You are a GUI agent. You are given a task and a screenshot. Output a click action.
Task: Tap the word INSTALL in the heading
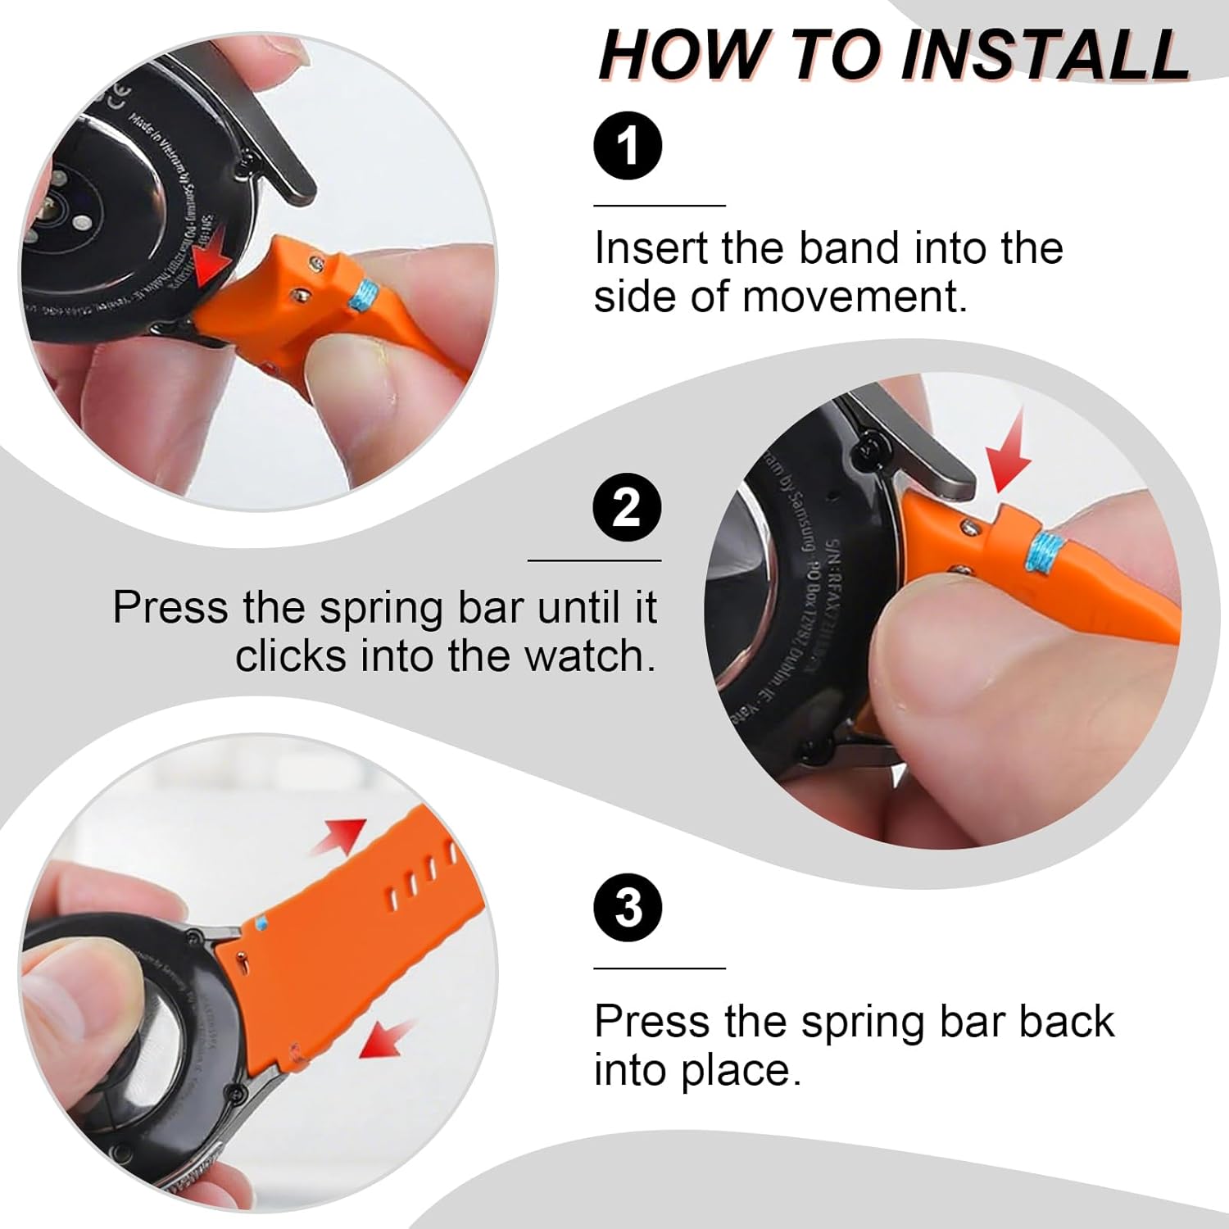pos(1045,56)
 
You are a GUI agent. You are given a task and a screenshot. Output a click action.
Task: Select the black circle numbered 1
pos(628,147)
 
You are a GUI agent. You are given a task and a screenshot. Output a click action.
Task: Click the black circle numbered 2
pos(627,507)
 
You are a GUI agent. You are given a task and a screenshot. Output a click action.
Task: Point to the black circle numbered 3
pos(628,908)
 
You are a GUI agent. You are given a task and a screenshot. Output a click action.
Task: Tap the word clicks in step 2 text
pos(291,656)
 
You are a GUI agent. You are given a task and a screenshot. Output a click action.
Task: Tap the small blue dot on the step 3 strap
pos(261,923)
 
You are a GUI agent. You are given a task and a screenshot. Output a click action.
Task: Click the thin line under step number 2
pos(594,560)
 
